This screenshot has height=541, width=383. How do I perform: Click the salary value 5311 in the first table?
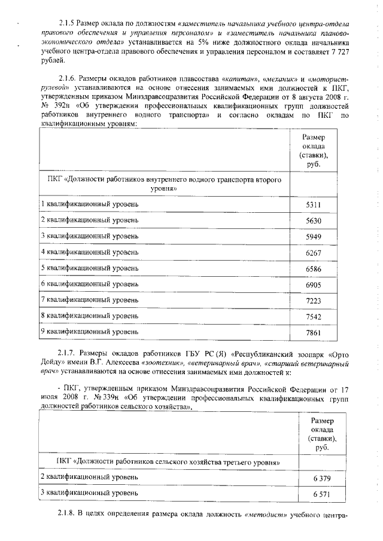coord(314,205)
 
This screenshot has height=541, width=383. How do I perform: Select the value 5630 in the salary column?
coord(314,221)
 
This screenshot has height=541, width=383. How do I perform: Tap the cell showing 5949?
coord(314,237)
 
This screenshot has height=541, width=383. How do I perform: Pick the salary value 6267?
coord(314,253)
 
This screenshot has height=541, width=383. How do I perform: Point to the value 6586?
coord(314,269)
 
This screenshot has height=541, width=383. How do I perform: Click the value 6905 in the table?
coord(314,285)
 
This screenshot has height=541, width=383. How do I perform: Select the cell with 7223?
coord(314,301)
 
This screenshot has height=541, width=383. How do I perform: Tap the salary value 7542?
coord(314,316)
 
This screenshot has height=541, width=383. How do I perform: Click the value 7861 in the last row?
coord(314,332)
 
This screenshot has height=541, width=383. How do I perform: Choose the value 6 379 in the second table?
coord(314,479)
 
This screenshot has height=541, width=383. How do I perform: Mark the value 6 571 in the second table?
coord(314,495)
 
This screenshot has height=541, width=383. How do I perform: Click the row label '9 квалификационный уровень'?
coord(89,331)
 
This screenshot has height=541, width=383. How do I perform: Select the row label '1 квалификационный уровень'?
coord(89,204)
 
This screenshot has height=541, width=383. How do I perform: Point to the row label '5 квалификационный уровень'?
coord(89,267)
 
